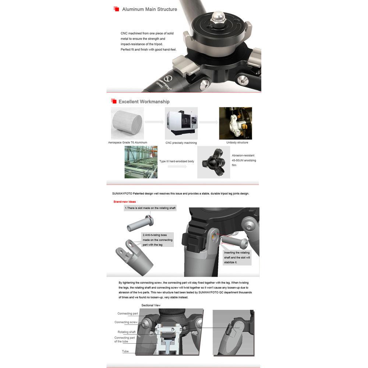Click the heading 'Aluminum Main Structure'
149,10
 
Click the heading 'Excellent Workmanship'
144,102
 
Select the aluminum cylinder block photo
127,123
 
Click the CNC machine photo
181,123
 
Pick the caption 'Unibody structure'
237,142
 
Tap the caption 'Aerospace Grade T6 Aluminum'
128,142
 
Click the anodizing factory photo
141,162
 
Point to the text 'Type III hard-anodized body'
177,161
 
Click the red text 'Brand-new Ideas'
125,202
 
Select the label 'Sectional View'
151,305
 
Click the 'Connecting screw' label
126,322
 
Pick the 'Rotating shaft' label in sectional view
127,332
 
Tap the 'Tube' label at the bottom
125,351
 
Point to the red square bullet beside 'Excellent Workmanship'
114,101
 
